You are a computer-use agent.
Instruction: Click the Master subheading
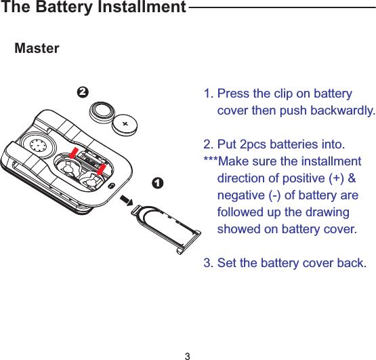pyautogui.click(x=37, y=49)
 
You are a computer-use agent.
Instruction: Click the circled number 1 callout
pyautogui.click(x=156, y=183)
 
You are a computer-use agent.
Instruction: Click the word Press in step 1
pyautogui.click(x=234, y=94)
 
